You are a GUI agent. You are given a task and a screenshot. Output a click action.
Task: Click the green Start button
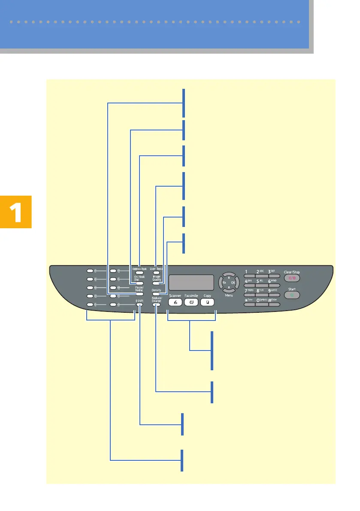pos(292,296)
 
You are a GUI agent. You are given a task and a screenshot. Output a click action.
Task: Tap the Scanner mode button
pos(175,302)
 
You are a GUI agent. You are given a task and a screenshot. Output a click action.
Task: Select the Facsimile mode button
pos(191,302)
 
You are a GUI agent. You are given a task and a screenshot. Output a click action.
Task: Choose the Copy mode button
pos(207,302)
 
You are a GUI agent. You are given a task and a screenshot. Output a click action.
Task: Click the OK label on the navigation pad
pos(233,283)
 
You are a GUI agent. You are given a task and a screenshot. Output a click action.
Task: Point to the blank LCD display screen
pos(191,282)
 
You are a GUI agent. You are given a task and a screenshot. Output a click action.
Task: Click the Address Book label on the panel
pos(139,269)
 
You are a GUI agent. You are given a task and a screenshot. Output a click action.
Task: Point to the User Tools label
pos(157,269)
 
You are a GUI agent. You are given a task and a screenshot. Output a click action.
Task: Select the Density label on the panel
pos(156,290)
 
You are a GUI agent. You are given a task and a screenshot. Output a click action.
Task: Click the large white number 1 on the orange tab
pos(16,212)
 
